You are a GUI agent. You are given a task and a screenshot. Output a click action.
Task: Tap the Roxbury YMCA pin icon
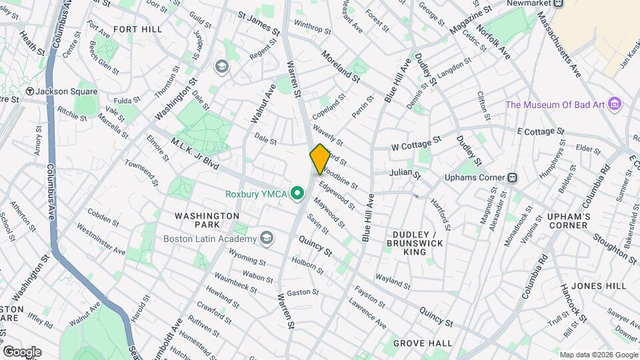pos(298,194)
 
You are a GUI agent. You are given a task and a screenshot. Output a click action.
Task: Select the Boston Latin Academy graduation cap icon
pos(267,238)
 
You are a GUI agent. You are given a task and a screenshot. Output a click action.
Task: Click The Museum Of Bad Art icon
pos(615,104)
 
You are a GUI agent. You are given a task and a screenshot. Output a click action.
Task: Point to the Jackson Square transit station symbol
pos(29,91)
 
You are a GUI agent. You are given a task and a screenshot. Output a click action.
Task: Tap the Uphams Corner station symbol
pos(512,177)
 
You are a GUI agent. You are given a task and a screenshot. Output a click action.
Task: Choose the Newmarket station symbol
pos(559,3)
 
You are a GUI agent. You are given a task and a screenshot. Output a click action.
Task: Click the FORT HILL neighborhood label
pos(137,30)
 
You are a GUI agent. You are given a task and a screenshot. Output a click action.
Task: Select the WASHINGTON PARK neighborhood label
pos(207,221)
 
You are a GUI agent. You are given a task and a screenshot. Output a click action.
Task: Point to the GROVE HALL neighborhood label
pos(422,343)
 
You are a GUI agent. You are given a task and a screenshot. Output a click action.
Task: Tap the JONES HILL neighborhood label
pos(599,286)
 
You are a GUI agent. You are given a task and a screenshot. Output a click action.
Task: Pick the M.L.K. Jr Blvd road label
pos(195,155)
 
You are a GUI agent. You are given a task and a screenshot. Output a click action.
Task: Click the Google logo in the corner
pos(22,351)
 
